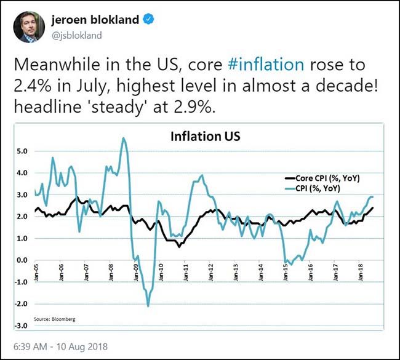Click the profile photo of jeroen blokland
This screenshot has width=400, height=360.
point(30,27)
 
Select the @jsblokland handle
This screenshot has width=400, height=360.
point(76,35)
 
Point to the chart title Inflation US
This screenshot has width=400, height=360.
point(205,136)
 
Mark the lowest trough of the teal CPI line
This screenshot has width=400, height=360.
point(148,306)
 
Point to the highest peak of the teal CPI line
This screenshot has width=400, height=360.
point(124,138)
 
